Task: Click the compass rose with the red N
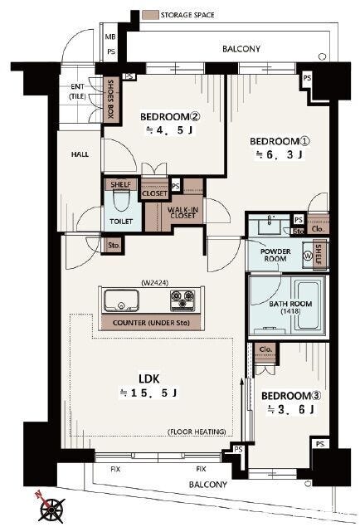tap(51, 507)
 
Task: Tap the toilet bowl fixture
tap(121, 201)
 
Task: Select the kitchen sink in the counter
tap(121, 300)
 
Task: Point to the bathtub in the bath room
tap(306, 305)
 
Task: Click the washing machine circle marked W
tap(308, 255)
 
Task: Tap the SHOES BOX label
tap(110, 100)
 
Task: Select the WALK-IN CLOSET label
tap(182, 212)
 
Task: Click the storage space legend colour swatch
tap(150, 15)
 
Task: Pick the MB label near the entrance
tap(110, 37)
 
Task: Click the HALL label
tap(80, 154)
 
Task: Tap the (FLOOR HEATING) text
tap(197, 432)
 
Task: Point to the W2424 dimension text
tap(155, 283)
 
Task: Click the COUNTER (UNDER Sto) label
tap(151, 323)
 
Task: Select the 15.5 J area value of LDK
tap(148, 393)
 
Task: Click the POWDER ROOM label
tap(275, 255)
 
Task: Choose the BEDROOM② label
tap(170, 117)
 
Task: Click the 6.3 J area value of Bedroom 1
tap(280, 154)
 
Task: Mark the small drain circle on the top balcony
tap(323, 56)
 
